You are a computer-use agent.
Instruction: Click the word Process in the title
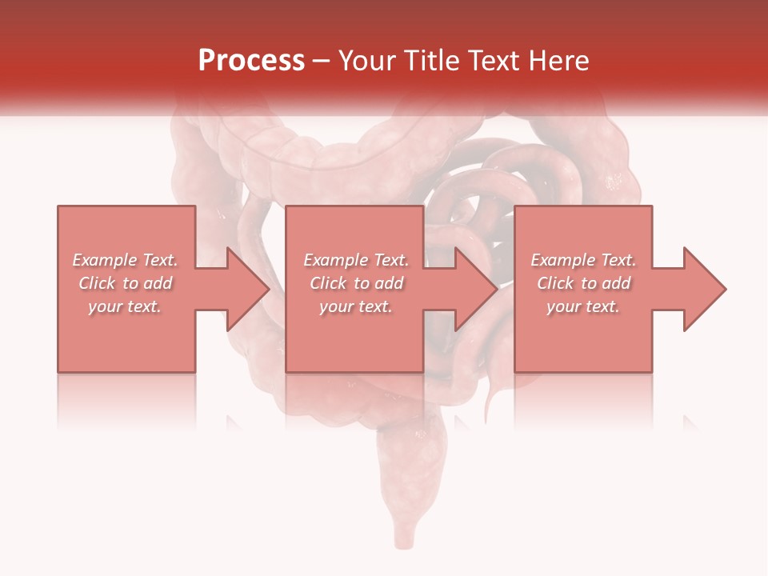(x=251, y=61)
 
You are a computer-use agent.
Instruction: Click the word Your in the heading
(x=367, y=61)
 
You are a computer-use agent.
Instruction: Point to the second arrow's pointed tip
(x=496, y=289)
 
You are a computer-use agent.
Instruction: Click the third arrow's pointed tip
(x=725, y=289)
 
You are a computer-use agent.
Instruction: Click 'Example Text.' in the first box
(x=126, y=260)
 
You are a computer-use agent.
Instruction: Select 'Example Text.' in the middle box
(x=356, y=260)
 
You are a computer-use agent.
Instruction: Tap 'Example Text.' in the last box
(x=583, y=260)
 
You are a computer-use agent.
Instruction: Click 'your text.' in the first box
(x=126, y=306)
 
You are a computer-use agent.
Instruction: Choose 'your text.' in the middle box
(x=356, y=306)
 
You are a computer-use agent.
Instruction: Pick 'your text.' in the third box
(x=583, y=306)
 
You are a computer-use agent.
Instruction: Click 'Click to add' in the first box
(x=126, y=283)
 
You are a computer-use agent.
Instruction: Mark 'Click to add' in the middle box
(x=356, y=283)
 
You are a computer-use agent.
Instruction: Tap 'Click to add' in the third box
(x=583, y=283)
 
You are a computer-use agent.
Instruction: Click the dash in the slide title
(x=322, y=62)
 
